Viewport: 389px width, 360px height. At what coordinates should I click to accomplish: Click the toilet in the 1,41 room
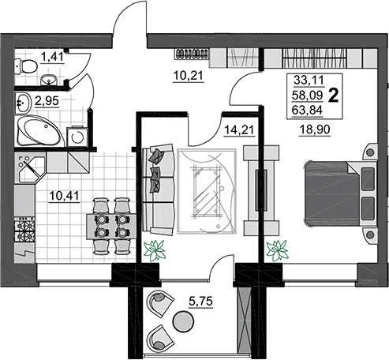(25, 66)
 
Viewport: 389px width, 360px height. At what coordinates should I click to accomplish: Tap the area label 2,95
(47, 100)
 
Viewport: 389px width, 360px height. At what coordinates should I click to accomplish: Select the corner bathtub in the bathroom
(40, 130)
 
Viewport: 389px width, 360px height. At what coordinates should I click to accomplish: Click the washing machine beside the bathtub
(77, 137)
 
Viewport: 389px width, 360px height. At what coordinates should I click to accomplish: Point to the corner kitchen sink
(31, 167)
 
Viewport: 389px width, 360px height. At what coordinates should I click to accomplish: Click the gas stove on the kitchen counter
(24, 229)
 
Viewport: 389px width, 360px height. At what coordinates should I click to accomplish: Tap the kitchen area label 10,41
(64, 196)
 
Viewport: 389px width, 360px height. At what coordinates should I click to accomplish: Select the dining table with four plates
(111, 227)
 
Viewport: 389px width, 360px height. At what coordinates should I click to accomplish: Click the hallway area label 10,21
(189, 76)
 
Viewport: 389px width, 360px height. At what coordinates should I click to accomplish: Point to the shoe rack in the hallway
(192, 54)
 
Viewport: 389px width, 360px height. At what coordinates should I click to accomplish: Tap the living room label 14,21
(239, 130)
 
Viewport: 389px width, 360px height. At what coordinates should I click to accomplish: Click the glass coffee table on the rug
(208, 192)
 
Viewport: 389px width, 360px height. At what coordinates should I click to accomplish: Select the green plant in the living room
(155, 250)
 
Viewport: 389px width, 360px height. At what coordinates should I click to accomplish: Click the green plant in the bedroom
(277, 250)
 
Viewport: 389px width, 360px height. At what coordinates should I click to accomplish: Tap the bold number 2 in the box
(334, 96)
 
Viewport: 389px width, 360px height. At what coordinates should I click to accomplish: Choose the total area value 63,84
(307, 111)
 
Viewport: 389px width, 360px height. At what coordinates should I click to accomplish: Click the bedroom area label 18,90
(315, 129)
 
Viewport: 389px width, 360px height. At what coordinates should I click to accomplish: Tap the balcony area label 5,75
(200, 301)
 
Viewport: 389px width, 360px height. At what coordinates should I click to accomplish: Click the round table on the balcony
(183, 321)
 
